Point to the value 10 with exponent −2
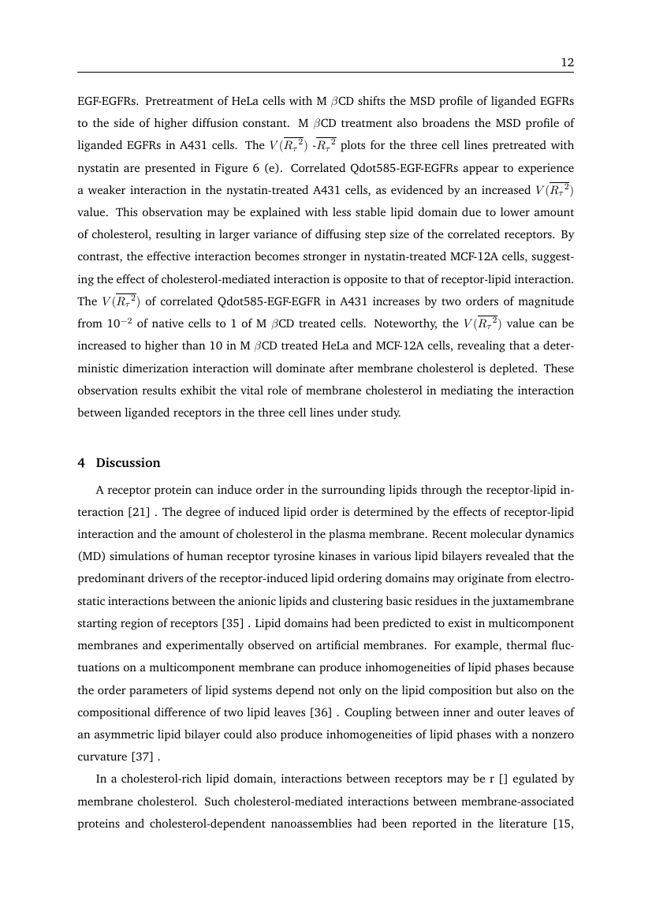point(110,322)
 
